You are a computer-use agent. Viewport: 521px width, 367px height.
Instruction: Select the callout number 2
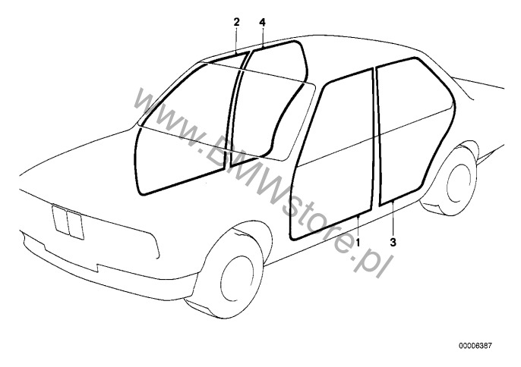pos(236,24)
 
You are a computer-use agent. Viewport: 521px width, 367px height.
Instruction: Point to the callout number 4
pos(262,24)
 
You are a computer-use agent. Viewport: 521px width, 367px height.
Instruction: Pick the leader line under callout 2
pos(236,39)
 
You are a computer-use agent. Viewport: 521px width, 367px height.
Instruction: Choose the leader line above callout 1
pos(358,226)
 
